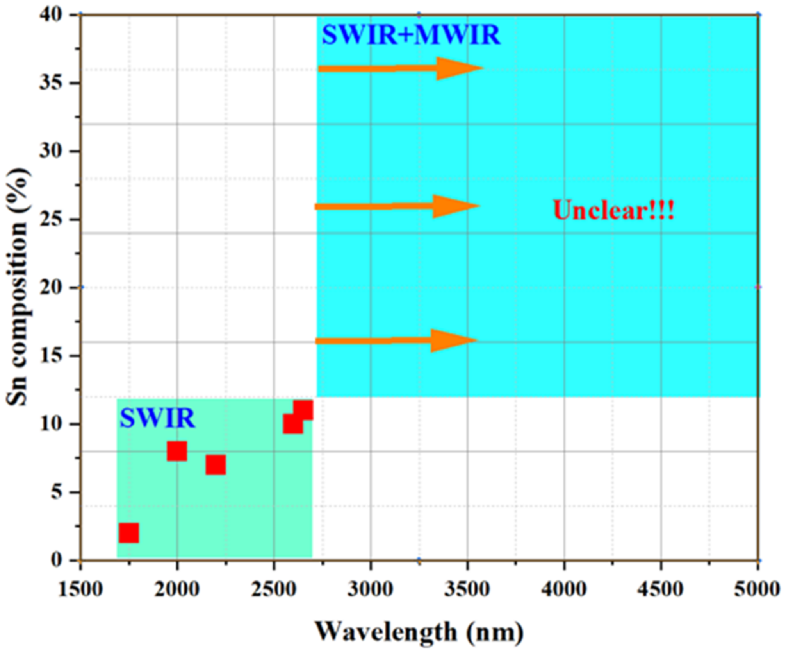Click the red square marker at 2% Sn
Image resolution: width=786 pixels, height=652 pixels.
click(129, 533)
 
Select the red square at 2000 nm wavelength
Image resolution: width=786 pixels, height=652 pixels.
click(177, 451)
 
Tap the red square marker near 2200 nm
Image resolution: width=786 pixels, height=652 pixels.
click(216, 465)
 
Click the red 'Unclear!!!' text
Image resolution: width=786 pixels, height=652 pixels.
click(613, 210)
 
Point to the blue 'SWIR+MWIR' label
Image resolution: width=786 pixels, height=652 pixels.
click(411, 35)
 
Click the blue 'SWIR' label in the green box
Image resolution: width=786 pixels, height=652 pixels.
click(157, 418)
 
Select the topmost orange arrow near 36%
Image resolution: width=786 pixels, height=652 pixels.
click(400, 68)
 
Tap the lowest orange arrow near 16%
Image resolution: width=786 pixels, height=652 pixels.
click(396, 340)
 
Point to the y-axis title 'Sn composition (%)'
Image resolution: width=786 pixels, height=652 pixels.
click(18, 287)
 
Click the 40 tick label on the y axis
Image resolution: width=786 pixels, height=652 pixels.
click(51, 15)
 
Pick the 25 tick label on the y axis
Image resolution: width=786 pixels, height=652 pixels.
click(51, 219)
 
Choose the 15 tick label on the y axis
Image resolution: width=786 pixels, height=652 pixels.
click(51, 356)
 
